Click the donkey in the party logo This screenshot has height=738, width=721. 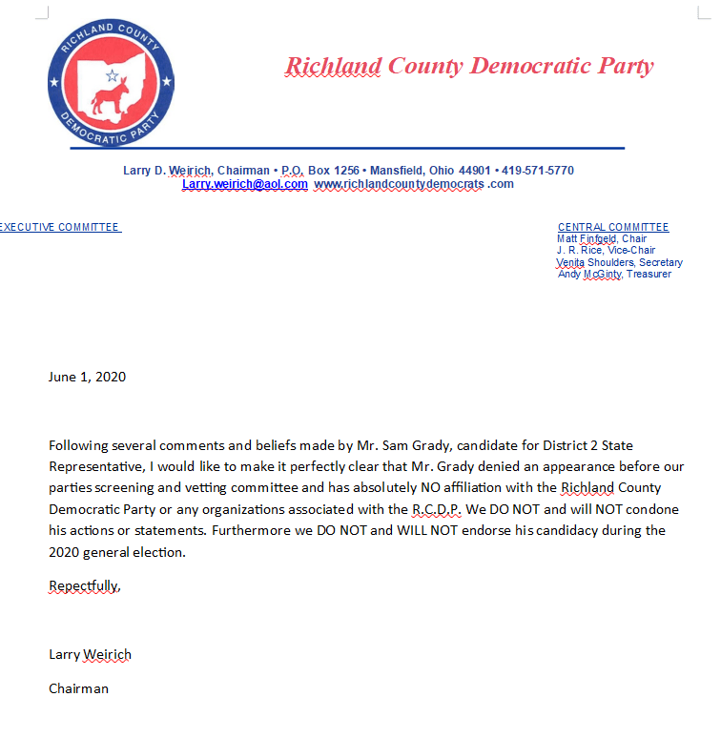[108, 94]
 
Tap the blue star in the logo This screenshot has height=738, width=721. [112, 74]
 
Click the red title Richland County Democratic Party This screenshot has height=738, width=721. [469, 66]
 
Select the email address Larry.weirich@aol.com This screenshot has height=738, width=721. [245, 184]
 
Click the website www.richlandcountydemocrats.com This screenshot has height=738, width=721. [414, 184]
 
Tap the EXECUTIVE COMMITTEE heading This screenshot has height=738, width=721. [59, 227]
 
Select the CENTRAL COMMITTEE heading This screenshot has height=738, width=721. [613, 227]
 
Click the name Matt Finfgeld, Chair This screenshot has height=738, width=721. [602, 238]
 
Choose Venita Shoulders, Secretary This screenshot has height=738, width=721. [619, 262]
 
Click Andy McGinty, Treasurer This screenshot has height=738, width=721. [614, 274]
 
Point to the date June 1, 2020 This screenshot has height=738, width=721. [87, 377]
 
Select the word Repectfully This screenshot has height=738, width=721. [85, 585]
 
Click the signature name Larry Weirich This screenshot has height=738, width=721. [90, 654]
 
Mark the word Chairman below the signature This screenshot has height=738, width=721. [78, 688]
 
